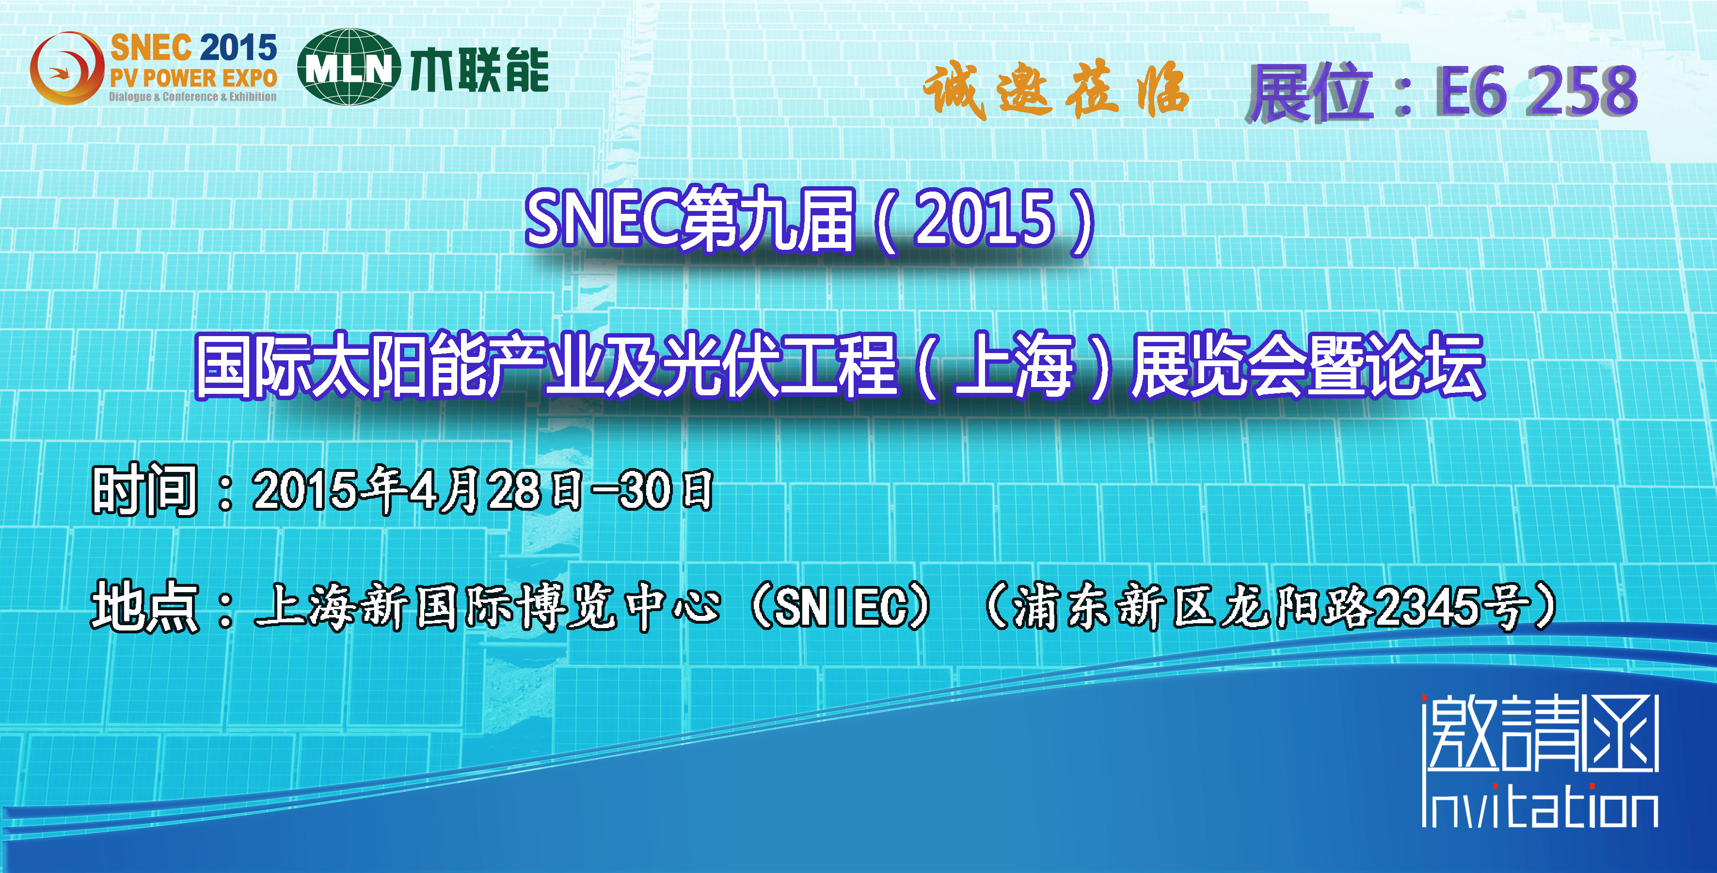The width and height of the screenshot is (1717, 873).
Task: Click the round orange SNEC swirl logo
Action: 67,68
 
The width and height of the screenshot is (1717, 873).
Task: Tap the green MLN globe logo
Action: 349,67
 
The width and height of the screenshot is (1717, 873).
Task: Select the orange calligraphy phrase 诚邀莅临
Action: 1056,90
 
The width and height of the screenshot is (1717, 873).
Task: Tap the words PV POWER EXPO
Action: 193,78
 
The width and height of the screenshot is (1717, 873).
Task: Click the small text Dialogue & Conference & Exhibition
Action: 192,97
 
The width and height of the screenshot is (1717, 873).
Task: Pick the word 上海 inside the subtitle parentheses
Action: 1014,366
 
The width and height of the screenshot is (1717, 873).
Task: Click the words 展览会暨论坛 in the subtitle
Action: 1308,366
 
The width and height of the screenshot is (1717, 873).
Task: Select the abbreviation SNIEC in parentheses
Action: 841,607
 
